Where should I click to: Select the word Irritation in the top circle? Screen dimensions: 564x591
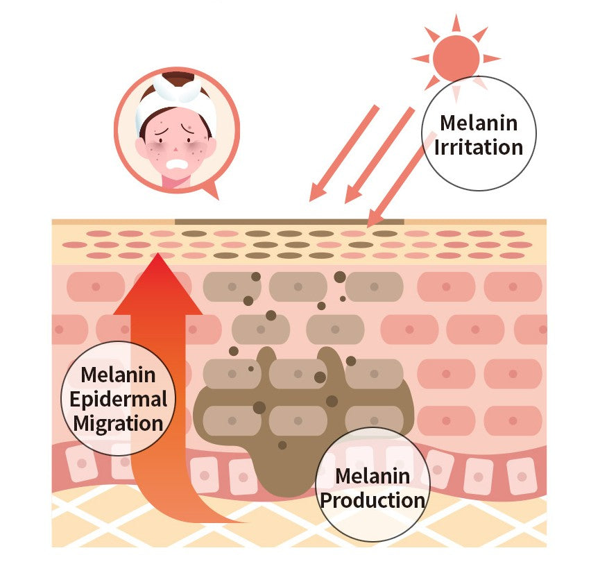click(478, 147)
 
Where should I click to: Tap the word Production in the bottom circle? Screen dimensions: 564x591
click(372, 499)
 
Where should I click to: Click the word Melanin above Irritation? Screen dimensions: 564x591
click(479, 123)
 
